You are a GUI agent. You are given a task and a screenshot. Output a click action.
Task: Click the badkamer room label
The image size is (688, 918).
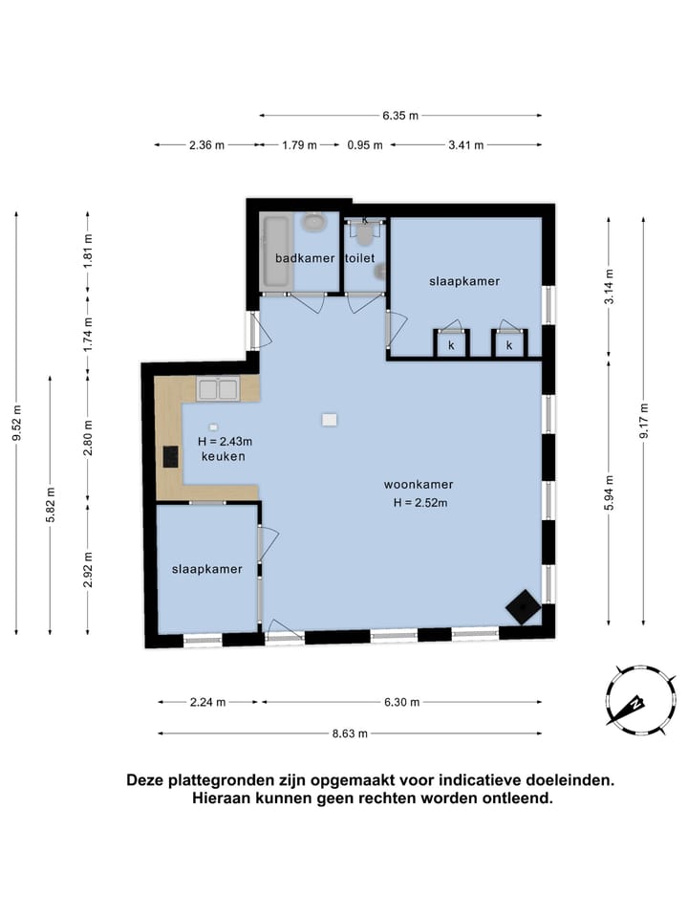(305, 258)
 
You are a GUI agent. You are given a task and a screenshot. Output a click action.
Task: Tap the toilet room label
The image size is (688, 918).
(360, 258)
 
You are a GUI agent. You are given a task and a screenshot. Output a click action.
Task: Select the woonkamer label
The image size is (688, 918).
(419, 485)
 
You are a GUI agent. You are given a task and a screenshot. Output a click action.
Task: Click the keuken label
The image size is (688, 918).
(223, 457)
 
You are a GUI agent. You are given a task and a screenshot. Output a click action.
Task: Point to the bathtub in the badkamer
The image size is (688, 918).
(276, 251)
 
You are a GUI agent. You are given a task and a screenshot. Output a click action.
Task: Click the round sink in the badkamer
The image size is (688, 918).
(314, 223)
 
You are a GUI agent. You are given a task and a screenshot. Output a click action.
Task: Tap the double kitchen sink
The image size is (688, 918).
(218, 389)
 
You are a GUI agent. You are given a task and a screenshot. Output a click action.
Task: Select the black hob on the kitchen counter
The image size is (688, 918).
(170, 457)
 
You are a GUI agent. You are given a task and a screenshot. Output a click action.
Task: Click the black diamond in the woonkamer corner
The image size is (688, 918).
(523, 607)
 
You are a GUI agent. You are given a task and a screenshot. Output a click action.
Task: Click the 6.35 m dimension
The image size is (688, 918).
(400, 116)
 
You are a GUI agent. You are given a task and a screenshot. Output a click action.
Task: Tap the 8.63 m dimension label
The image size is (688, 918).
(350, 733)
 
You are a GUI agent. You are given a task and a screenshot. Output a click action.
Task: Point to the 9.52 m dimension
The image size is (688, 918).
(17, 423)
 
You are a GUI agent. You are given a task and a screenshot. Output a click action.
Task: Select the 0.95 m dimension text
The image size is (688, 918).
(365, 145)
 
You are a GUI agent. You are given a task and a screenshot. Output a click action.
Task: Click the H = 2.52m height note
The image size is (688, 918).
(420, 503)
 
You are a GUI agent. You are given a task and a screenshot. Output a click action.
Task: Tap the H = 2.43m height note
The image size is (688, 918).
(225, 442)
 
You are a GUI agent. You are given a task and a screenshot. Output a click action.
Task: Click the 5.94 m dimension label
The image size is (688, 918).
(609, 492)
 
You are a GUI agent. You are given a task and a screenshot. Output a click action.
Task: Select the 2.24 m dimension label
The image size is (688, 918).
(207, 702)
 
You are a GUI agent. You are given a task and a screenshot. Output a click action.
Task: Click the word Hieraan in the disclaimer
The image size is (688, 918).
(221, 798)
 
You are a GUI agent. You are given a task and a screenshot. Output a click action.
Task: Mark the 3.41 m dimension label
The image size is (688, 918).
(466, 145)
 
